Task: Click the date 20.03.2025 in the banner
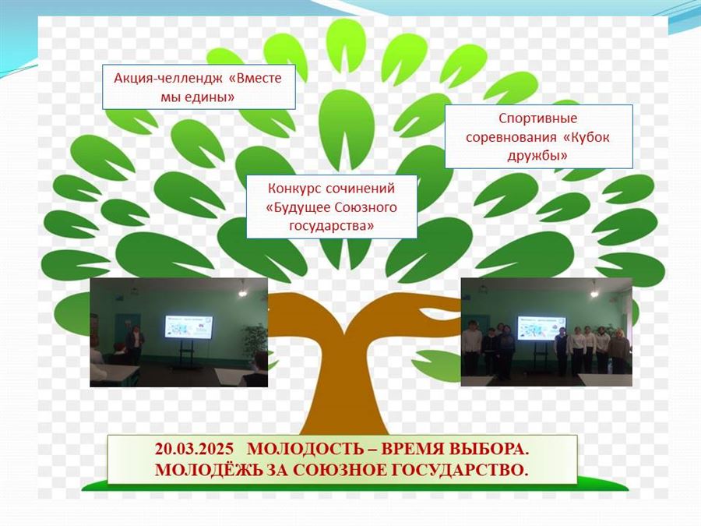(194, 449)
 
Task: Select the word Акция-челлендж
(168, 78)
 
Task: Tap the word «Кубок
(585, 137)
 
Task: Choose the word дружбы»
(537, 156)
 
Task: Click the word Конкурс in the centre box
(294, 189)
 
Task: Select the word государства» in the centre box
(332, 226)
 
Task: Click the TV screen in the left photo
(188, 327)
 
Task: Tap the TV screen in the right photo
(541, 328)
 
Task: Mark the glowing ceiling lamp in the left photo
(242, 292)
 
